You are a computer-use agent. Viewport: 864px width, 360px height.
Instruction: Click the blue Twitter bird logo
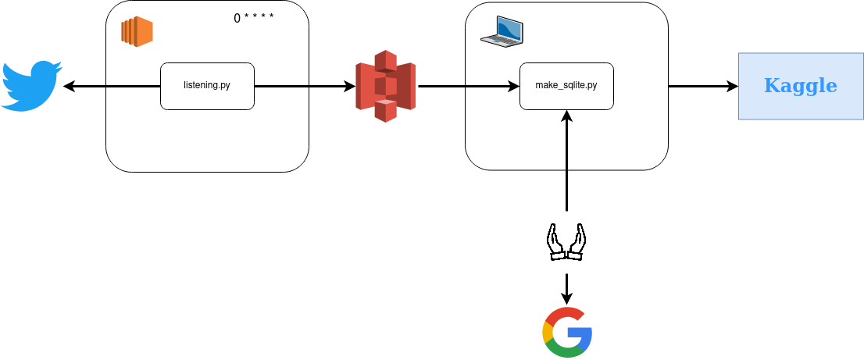click(31, 86)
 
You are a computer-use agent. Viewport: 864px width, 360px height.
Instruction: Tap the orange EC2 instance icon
click(137, 32)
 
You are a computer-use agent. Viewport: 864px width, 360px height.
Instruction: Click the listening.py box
click(207, 86)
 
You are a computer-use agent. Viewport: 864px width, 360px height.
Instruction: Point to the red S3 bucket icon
click(385, 86)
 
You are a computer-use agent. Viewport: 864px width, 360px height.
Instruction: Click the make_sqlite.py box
click(566, 86)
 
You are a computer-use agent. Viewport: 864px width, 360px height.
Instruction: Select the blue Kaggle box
click(801, 86)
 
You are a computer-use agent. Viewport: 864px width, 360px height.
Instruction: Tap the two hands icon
click(566, 242)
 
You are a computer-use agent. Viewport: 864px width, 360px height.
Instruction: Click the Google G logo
click(567, 332)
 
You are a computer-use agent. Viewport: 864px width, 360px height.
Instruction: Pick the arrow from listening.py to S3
click(305, 86)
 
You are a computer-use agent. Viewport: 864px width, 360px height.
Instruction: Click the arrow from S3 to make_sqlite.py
click(469, 86)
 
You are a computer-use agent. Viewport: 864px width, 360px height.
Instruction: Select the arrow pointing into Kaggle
click(703, 86)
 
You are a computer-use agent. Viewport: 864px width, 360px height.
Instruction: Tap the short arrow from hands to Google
click(567, 288)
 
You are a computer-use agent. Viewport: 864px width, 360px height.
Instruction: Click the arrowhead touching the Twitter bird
click(68, 86)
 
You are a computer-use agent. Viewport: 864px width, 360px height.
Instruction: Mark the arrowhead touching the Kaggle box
click(733, 86)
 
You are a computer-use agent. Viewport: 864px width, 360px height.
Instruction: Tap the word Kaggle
click(801, 86)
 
